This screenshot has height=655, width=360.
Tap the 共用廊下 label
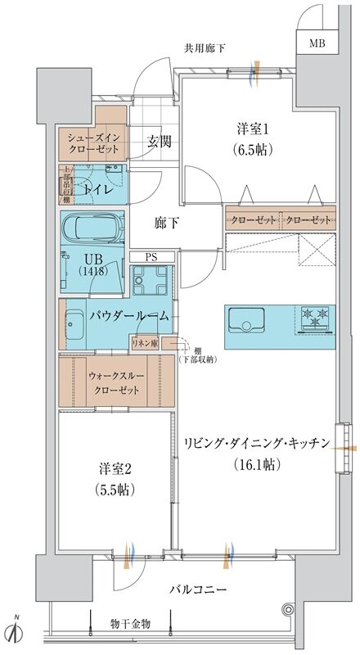205,47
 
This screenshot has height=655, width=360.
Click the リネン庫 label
144,344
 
